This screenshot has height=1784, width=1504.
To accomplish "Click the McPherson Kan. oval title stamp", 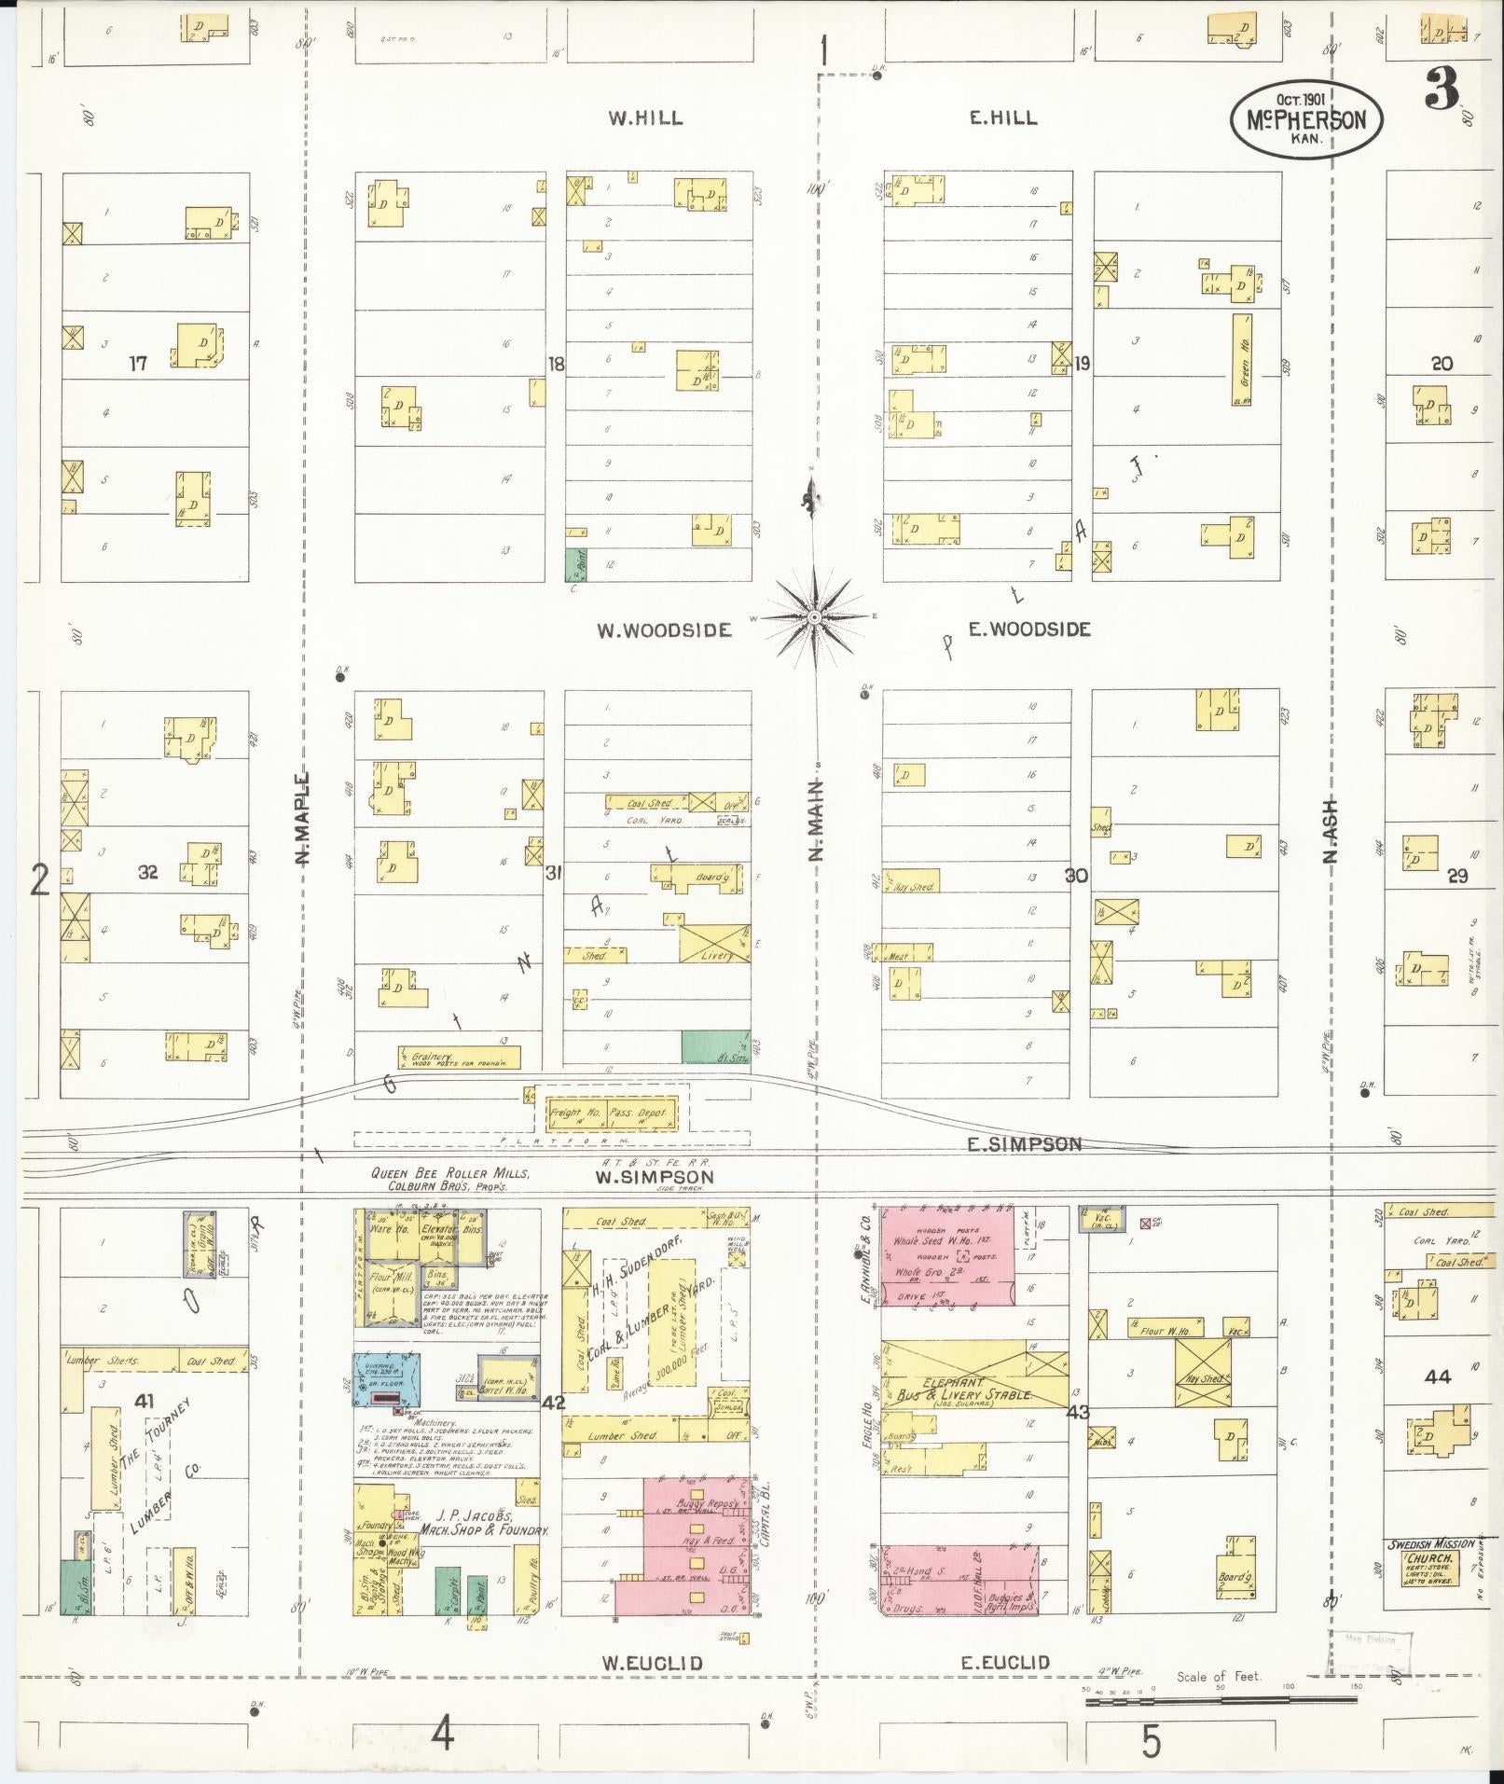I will pyautogui.click(x=1305, y=118).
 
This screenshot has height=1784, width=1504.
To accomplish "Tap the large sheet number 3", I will pyautogui.click(x=1441, y=91).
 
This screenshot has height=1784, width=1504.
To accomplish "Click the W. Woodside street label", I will pyautogui.click(x=664, y=630).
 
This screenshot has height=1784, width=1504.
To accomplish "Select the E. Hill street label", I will pyautogui.click(x=1002, y=118).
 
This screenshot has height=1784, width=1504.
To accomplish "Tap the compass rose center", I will pyautogui.click(x=814, y=618).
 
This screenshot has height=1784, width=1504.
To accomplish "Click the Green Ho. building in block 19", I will pyautogui.click(x=1241, y=358).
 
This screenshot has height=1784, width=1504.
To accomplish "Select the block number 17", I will pyautogui.click(x=138, y=364).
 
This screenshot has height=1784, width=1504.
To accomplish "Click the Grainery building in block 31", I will pyautogui.click(x=459, y=1057).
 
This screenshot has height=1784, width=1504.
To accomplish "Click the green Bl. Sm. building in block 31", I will pyautogui.click(x=715, y=1046).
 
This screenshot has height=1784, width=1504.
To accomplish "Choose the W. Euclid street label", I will pyautogui.click(x=651, y=1663).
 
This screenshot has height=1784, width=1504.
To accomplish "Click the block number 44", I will pyautogui.click(x=1437, y=1376).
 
